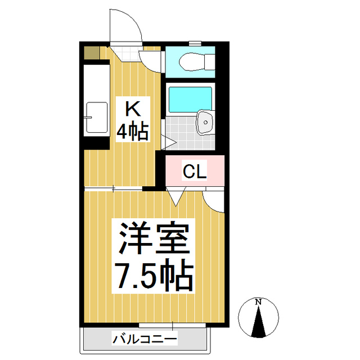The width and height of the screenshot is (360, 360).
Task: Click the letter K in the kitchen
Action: [131, 109]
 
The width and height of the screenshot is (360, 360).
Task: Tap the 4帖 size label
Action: [132, 132]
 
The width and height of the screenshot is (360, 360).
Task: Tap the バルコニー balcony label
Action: [145, 339]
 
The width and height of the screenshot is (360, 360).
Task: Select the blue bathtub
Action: [190, 99]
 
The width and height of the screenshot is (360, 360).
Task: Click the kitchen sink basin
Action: [97, 118]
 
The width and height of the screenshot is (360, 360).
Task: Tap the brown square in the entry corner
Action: [91, 53]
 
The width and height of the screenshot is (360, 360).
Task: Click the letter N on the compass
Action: [258, 302]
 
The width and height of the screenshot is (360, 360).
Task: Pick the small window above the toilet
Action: [195, 43]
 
